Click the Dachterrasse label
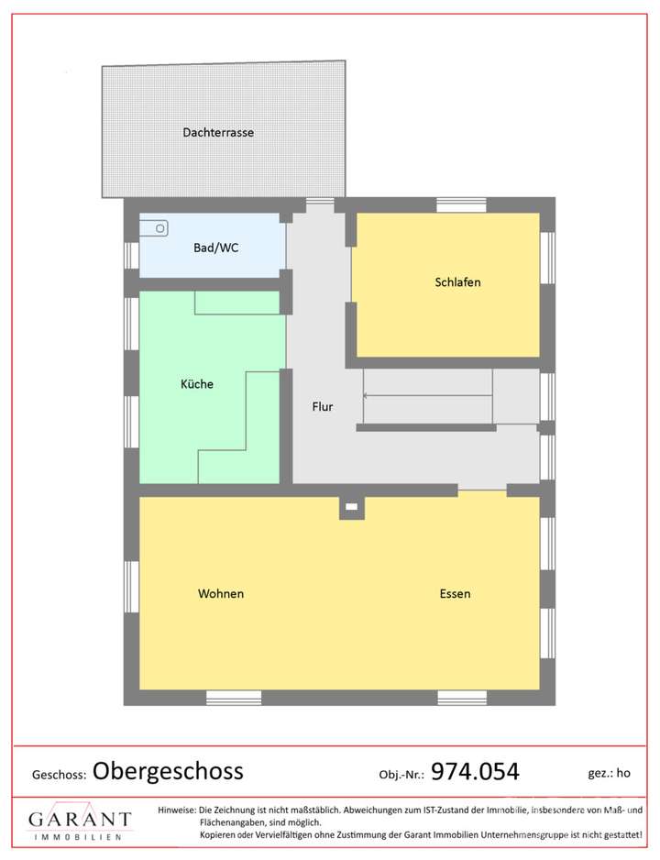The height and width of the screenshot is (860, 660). click(x=217, y=132)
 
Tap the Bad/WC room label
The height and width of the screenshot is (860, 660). click(x=216, y=248)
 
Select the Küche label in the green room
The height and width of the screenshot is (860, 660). click(x=196, y=384)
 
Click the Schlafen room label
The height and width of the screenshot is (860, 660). click(x=457, y=282)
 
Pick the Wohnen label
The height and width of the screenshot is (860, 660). click(x=221, y=594)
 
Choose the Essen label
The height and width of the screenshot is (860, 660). click(x=455, y=594)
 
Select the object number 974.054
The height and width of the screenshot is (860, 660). click(x=475, y=772)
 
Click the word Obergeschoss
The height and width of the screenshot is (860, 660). click(x=168, y=771)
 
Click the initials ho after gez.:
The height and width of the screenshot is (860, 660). click(x=623, y=773)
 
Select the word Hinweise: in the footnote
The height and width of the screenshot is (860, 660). click(x=177, y=810)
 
